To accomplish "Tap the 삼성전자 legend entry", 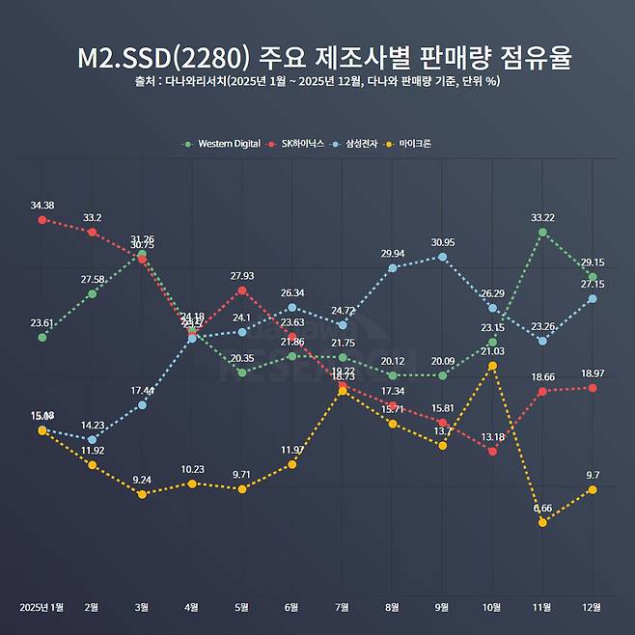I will pos(366,144).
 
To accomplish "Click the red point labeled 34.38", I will pos(41,220).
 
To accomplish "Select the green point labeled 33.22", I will pos(542,233).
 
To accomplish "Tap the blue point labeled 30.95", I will pos(443,257).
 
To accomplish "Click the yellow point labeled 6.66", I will pos(542,523).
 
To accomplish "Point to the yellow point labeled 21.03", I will pos(493,366).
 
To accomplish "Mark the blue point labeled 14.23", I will pos(92,440).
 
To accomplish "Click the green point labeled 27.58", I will pos(92,293).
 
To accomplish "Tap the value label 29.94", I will pos(393,254).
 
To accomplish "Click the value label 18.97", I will pos(593,373).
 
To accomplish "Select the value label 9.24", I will pos(142,480).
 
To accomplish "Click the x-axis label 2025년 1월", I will pos(41,607).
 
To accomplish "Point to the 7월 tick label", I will pos(343,607).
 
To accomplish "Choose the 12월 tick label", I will pos(593,607).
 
